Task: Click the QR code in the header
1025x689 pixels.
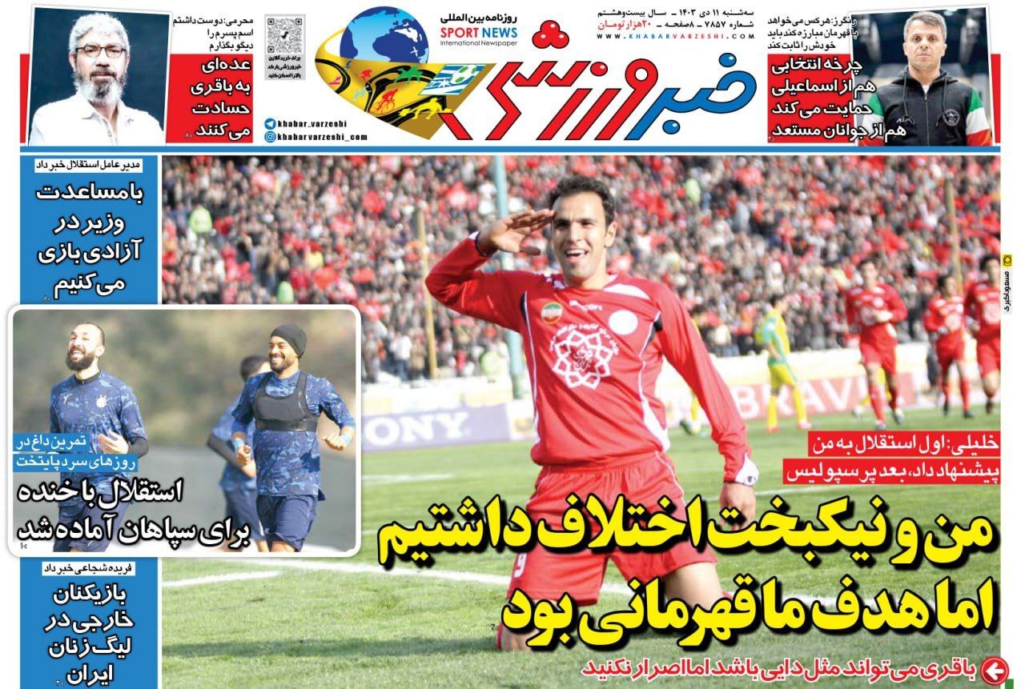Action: pos(285,34)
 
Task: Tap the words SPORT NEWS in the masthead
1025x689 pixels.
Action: pos(478,33)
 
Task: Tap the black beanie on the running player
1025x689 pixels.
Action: pos(288,339)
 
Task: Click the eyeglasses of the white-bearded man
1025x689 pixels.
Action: pos(100,50)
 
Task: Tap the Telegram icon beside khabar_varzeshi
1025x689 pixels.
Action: pos(270,124)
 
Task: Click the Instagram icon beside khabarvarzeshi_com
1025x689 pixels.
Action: pos(270,137)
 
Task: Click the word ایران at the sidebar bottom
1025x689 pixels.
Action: pos(90,674)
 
